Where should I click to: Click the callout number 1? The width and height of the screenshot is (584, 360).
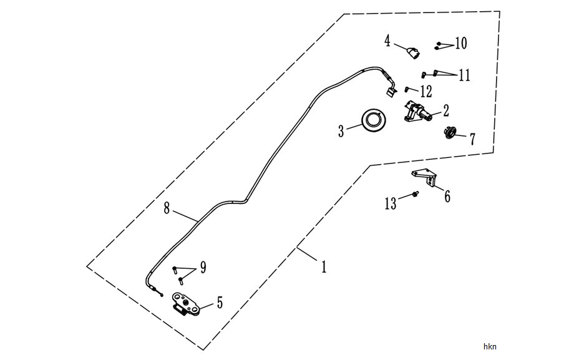(x=324, y=266)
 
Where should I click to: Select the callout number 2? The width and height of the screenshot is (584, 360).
(x=445, y=110)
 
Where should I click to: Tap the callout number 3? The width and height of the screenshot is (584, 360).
(x=341, y=131)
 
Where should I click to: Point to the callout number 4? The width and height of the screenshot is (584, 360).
(x=387, y=41)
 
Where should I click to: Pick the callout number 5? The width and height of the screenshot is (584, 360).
(x=220, y=303)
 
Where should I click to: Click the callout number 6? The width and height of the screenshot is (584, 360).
(x=447, y=196)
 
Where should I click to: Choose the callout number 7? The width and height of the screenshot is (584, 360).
(x=472, y=139)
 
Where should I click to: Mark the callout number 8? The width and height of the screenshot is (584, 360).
(x=167, y=208)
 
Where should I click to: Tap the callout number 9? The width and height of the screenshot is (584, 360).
(x=203, y=267)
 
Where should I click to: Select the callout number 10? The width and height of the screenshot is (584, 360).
(x=461, y=43)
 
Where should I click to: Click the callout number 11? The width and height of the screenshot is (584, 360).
(x=464, y=75)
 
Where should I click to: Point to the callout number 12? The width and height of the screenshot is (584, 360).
(x=426, y=91)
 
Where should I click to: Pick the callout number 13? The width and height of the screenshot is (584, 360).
(x=391, y=203)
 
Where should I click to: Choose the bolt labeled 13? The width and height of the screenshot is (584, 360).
(x=416, y=193)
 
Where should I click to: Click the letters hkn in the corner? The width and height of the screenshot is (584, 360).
(x=490, y=347)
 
